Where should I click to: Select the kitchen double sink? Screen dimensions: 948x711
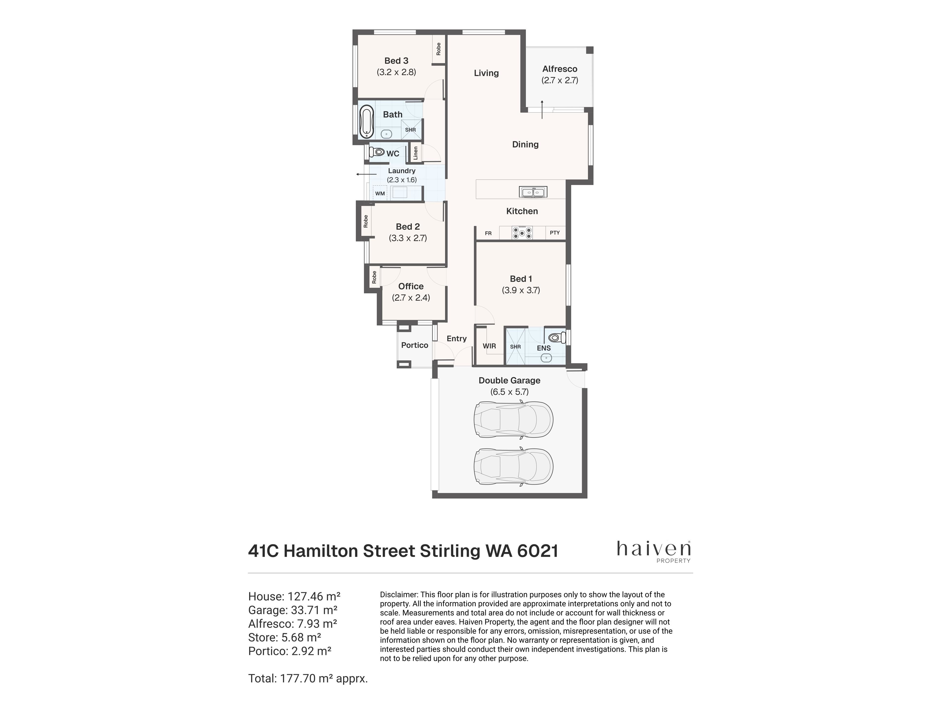coord(533,192)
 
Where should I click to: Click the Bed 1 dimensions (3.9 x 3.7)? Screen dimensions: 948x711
coord(521,290)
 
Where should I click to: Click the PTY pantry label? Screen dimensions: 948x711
coord(554,233)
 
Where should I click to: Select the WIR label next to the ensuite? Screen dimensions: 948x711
coord(489,346)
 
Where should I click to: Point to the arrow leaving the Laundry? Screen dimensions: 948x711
coord(366,175)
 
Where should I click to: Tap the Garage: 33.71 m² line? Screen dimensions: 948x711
coord(293,610)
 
